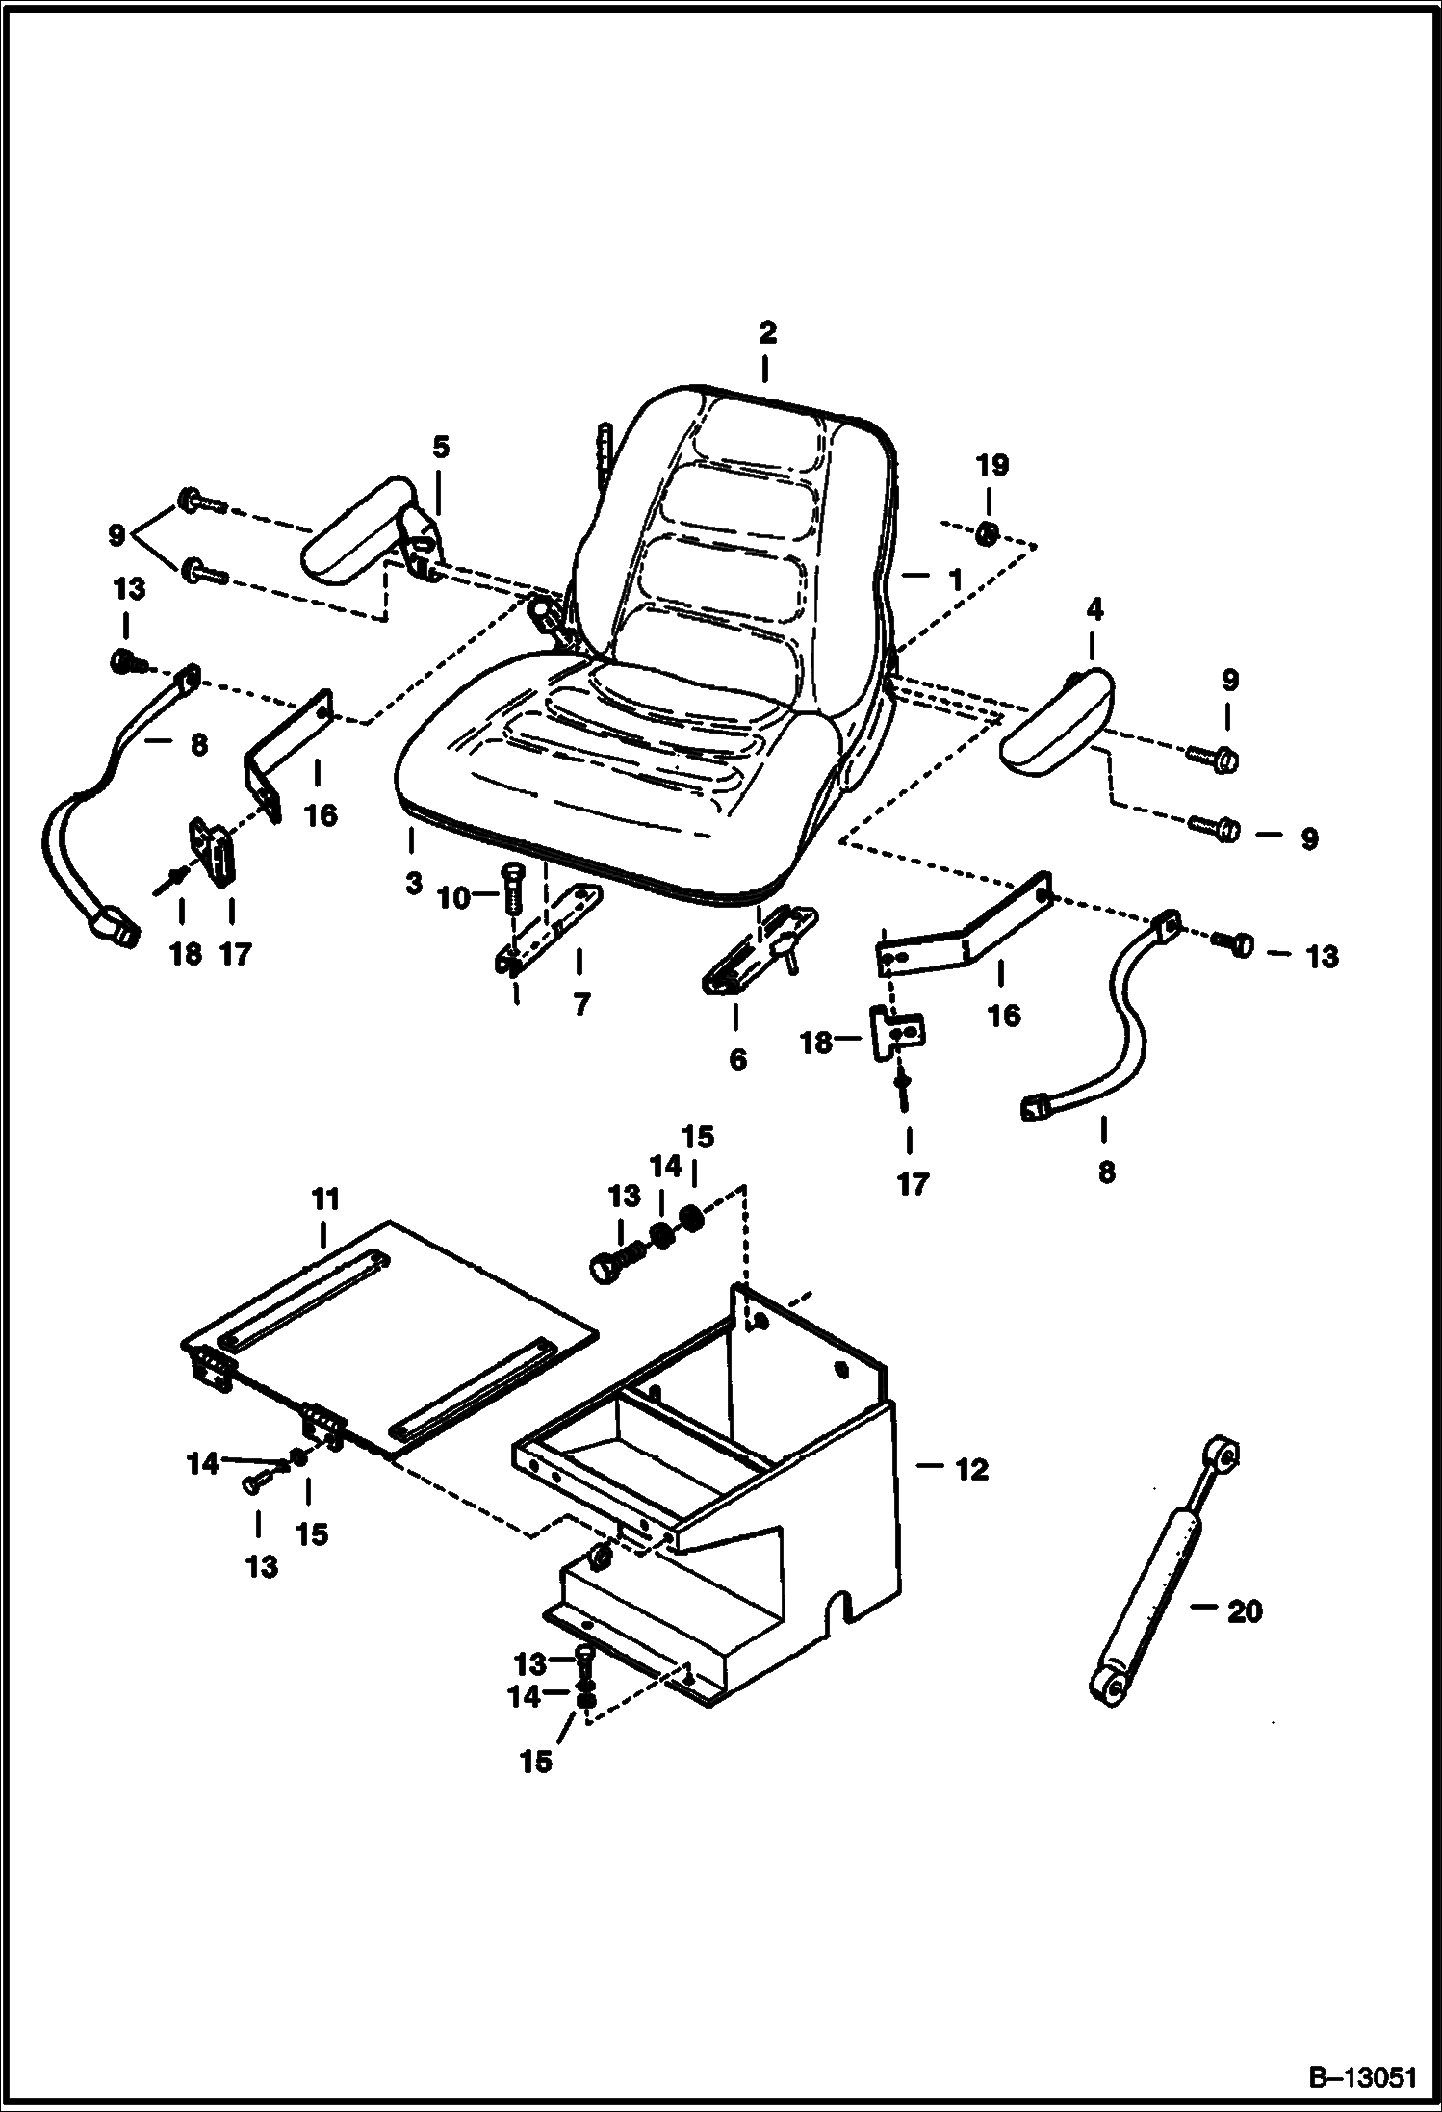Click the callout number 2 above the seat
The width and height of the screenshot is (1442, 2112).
click(x=766, y=333)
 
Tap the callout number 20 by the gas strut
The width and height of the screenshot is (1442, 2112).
click(x=1244, y=1610)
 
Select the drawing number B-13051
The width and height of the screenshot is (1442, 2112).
click(x=1359, y=2073)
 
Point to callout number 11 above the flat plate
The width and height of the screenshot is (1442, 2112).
click(x=325, y=1199)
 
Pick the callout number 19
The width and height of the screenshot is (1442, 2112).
click(x=992, y=466)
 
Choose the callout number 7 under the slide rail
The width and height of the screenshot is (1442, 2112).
click(x=580, y=1005)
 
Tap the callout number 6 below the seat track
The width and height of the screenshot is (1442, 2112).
click(x=737, y=1060)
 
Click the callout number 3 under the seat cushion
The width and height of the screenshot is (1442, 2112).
click(x=414, y=883)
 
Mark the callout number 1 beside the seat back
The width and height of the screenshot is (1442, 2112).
click(x=954, y=580)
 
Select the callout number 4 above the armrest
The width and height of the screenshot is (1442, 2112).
click(x=1094, y=609)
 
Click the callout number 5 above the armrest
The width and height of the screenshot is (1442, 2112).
click(x=440, y=448)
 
